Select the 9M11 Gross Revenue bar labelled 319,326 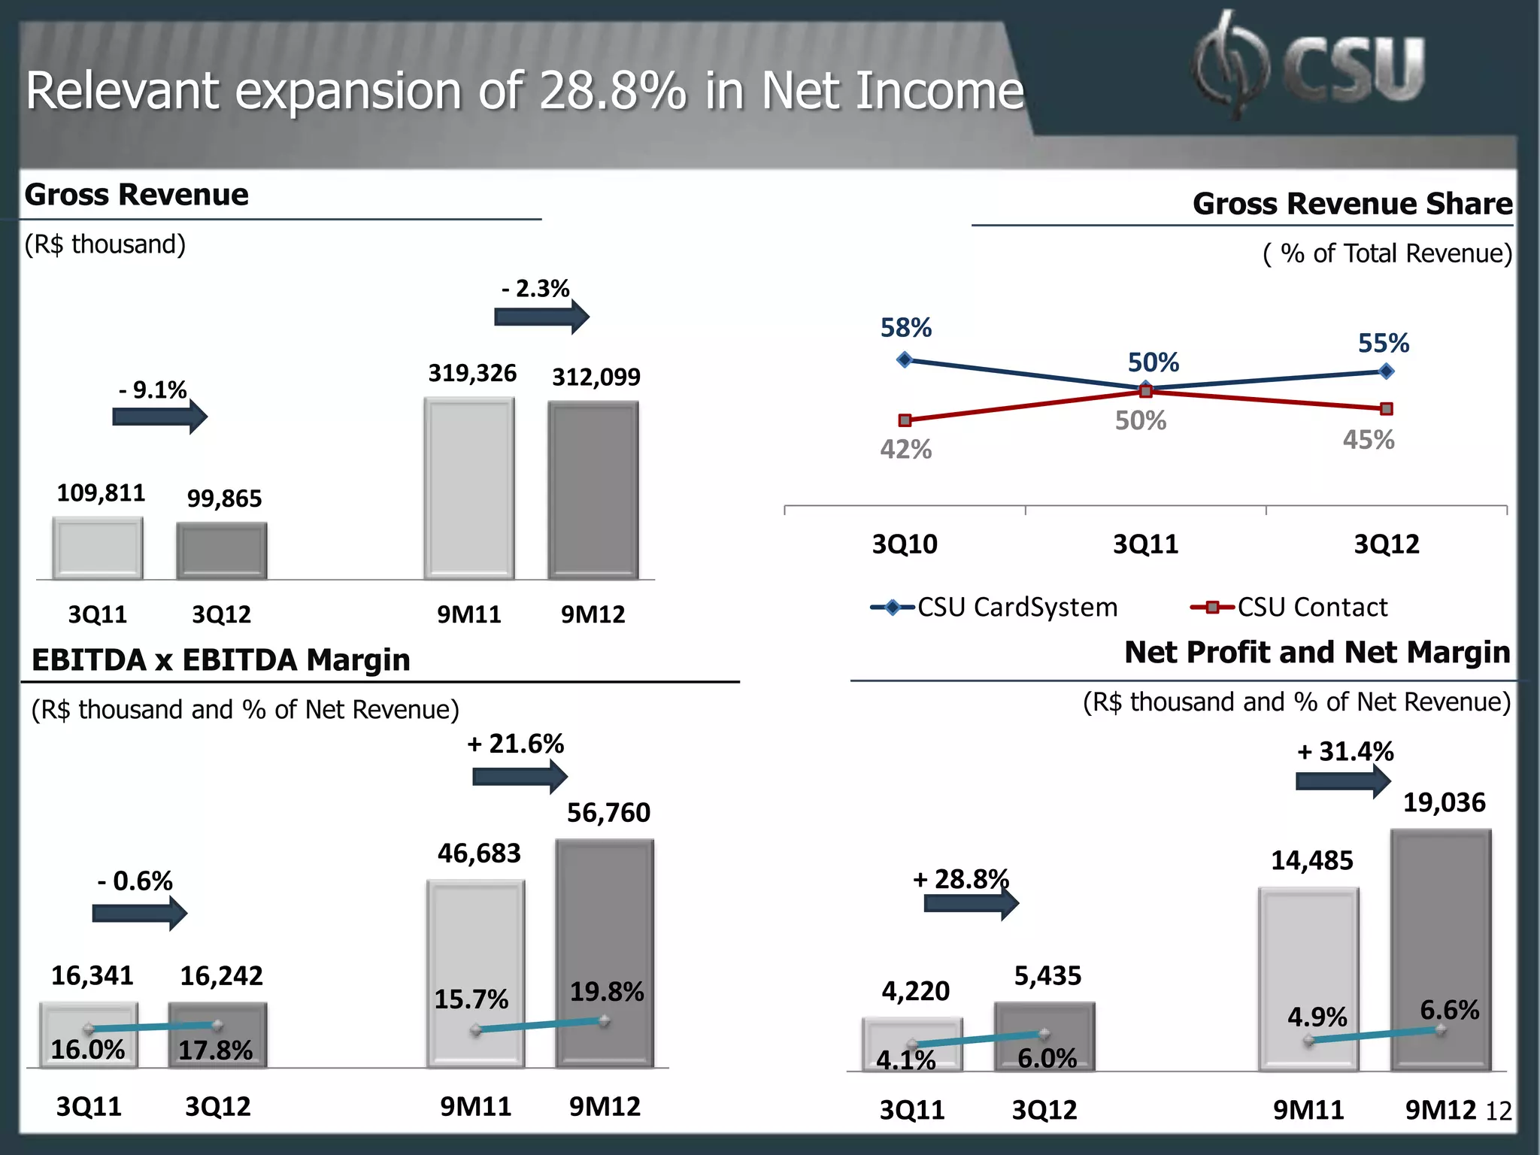click(469, 489)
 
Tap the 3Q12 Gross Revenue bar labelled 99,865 click(222, 550)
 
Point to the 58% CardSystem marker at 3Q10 click(905, 360)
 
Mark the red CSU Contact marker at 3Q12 click(1387, 409)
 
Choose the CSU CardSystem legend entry click(994, 608)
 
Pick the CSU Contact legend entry click(1289, 608)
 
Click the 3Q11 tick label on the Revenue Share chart click(1145, 544)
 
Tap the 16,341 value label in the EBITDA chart click(92, 976)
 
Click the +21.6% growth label click(515, 744)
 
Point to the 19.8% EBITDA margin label click(607, 992)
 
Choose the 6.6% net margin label click(1449, 1010)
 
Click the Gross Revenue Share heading click(1352, 204)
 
